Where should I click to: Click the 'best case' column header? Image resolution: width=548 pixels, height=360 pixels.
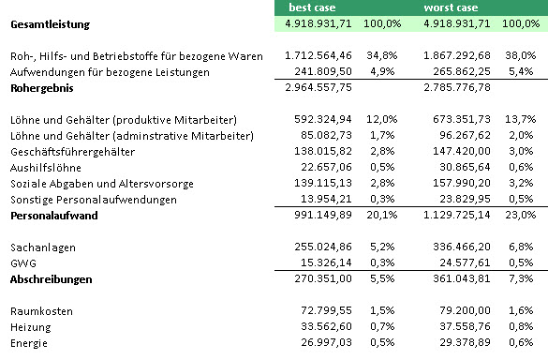click(x=312, y=7)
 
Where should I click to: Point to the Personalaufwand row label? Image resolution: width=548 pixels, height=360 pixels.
click(x=53, y=216)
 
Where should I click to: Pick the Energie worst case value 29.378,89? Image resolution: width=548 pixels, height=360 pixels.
click(x=465, y=343)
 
